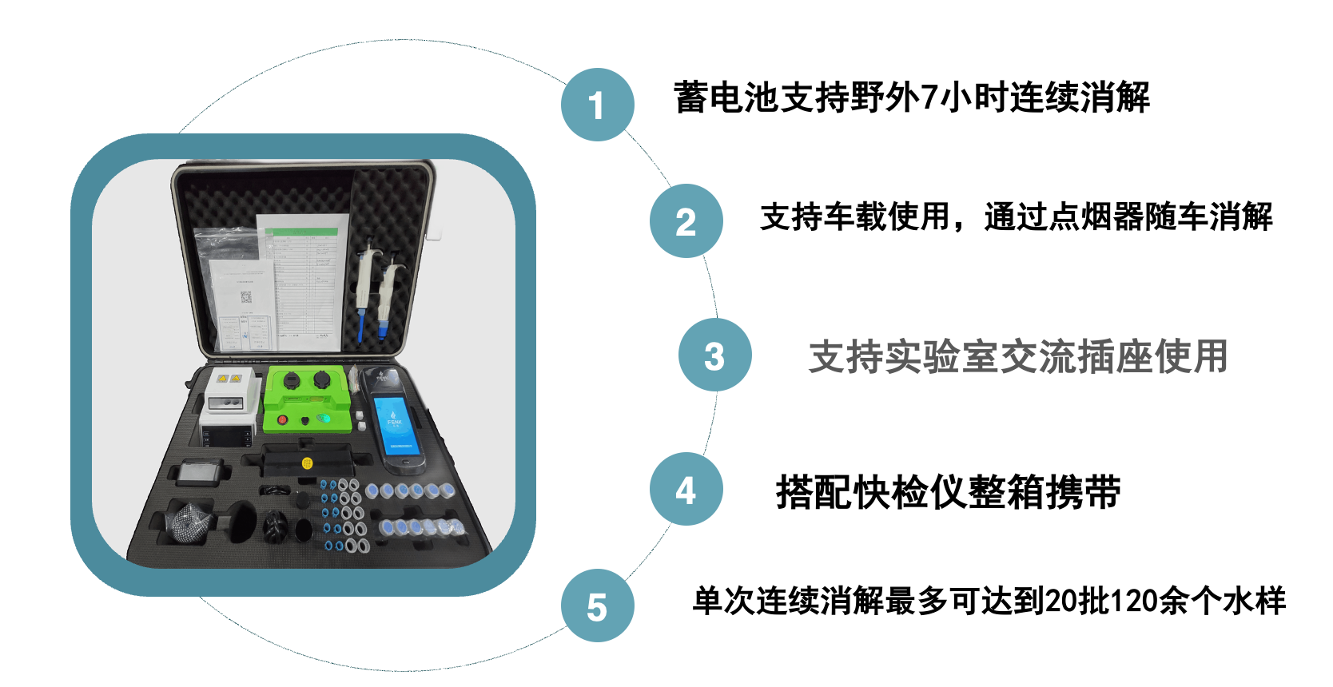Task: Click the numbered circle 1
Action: [598, 105]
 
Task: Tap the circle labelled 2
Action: [686, 220]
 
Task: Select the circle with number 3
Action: [715, 355]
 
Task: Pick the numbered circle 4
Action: [686, 489]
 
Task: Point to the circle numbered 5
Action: [598, 606]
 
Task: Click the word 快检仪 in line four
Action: [910, 493]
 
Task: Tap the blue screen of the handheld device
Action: [395, 426]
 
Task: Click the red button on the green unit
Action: [283, 420]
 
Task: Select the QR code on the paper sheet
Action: [246, 297]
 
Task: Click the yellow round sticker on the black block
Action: [307, 463]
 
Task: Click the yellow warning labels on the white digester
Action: [229, 378]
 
